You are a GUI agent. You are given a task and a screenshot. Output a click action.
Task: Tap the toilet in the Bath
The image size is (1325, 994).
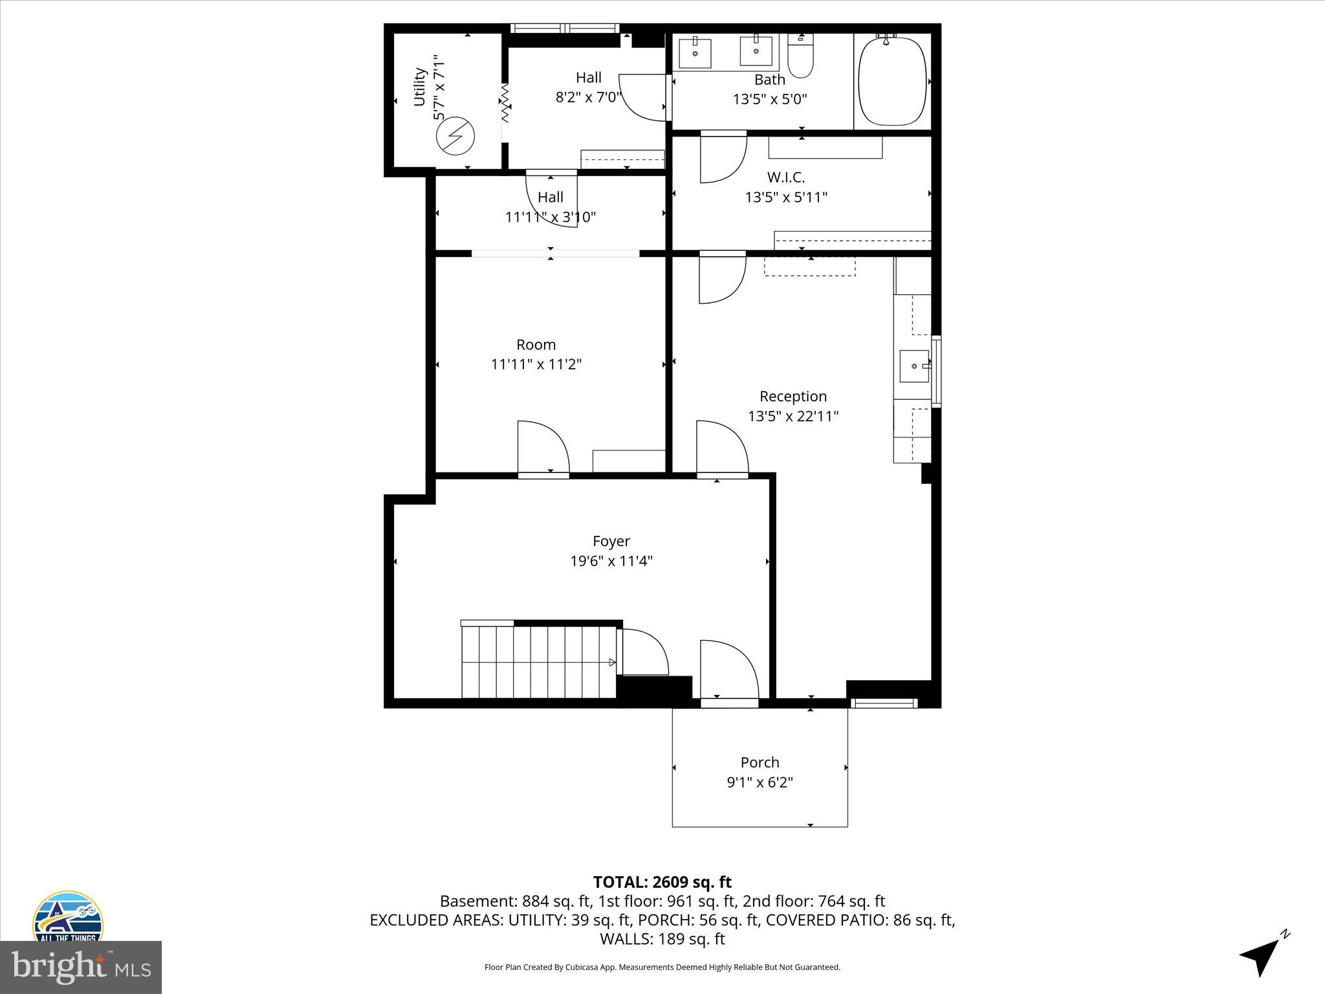pyautogui.click(x=800, y=58)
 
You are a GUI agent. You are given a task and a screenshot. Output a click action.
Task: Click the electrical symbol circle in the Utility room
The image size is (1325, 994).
pyautogui.click(x=455, y=136)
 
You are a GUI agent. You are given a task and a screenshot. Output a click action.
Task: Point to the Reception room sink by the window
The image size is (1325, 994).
pyautogui.click(x=914, y=366)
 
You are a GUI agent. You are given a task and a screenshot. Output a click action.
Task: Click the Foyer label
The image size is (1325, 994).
pyautogui.click(x=611, y=541)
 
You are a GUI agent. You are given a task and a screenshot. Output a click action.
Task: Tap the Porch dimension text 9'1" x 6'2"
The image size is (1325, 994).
pyautogui.click(x=760, y=782)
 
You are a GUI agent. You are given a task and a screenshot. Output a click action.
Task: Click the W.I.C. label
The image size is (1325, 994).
pyautogui.click(x=786, y=177)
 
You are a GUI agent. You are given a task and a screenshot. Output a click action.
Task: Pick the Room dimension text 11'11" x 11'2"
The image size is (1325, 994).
pyautogui.click(x=536, y=364)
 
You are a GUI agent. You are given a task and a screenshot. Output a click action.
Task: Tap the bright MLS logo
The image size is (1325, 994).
pyautogui.click(x=81, y=967)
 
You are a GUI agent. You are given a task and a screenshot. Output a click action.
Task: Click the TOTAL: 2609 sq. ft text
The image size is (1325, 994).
pyautogui.click(x=662, y=882)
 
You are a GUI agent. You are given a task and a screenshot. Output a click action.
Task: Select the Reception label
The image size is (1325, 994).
pyautogui.click(x=793, y=396)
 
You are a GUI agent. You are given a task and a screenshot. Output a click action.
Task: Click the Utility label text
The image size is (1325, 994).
pyautogui.click(x=419, y=87)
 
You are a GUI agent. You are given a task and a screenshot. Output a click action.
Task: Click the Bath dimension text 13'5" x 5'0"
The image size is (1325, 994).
pyautogui.click(x=769, y=99)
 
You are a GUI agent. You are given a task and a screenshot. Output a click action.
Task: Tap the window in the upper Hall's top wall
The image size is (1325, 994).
pyautogui.click(x=565, y=28)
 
